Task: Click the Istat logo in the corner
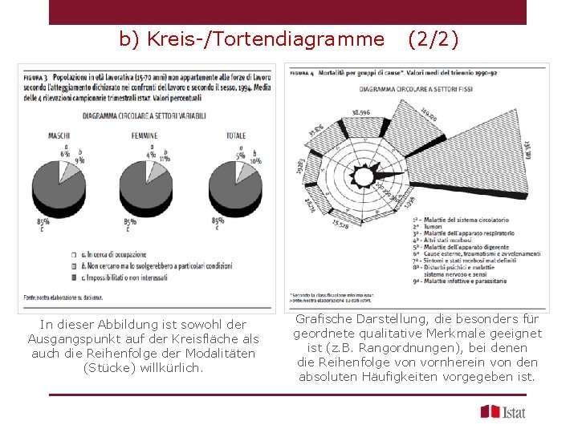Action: [x=503, y=411]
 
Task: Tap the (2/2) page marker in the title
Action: [x=433, y=38]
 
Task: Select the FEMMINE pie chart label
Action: [x=144, y=136]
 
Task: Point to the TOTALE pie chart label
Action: [x=236, y=136]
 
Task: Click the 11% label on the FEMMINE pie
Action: [x=165, y=159]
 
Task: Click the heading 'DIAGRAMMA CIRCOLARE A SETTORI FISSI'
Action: [x=416, y=88]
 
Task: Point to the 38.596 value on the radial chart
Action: [x=361, y=111]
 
